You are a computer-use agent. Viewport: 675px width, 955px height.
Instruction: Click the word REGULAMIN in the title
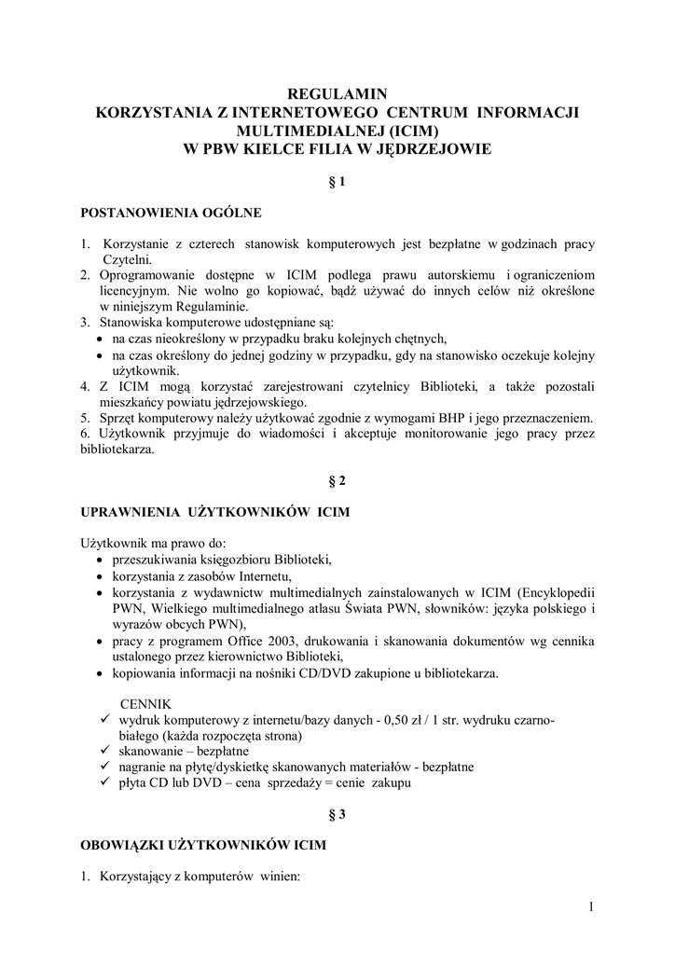(337, 93)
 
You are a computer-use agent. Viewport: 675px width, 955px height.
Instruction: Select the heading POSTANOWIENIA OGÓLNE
(171, 213)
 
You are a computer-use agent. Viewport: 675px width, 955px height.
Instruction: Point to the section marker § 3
(337, 814)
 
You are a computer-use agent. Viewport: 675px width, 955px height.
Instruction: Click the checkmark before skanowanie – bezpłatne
(103, 752)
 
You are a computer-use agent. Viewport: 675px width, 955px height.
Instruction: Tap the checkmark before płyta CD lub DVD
(103, 783)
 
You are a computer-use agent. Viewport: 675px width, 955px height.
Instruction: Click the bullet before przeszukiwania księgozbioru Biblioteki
(100, 560)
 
